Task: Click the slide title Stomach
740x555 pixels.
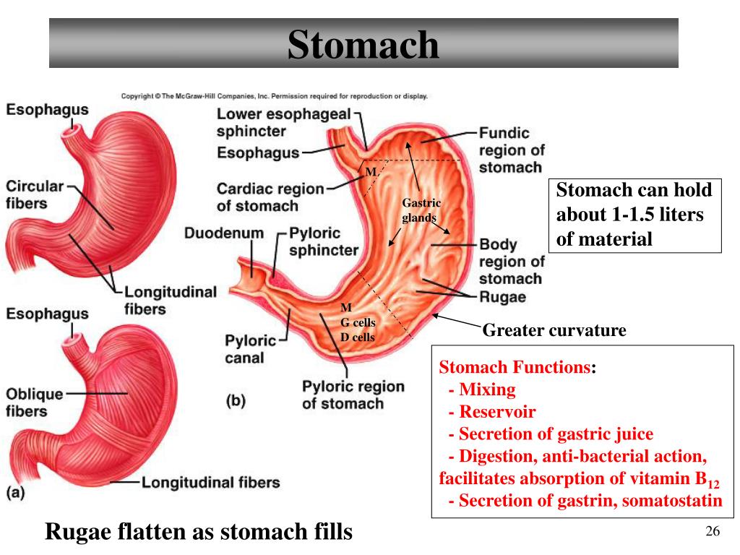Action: (363, 44)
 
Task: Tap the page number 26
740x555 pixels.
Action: (713, 533)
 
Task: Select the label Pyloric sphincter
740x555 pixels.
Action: (323, 242)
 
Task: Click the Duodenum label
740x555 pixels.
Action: (223, 234)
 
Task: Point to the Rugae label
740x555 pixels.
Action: (502, 297)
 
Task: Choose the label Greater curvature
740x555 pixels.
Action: (554, 331)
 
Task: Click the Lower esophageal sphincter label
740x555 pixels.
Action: (283, 123)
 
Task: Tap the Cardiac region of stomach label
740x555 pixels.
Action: (270, 197)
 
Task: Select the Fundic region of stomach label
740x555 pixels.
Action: (511, 150)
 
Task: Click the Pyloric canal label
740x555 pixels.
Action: (249, 348)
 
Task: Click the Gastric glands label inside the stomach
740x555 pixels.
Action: (421, 210)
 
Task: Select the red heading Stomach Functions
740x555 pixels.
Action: (515, 367)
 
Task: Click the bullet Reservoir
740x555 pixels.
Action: (497, 412)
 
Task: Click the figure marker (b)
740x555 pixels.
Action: (236, 401)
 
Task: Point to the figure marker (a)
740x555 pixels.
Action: (16, 493)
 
